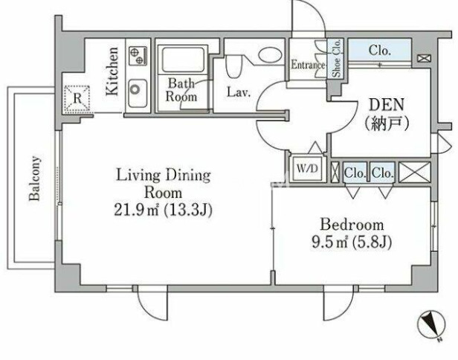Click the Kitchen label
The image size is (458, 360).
tap(113, 71)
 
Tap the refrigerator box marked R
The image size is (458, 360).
tap(77, 99)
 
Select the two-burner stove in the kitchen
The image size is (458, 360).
tap(138, 56)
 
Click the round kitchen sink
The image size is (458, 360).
tap(136, 89)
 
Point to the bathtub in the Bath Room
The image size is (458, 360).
tap(184, 60)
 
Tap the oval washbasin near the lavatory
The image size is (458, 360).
tap(270, 54)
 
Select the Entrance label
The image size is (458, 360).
tap(308, 65)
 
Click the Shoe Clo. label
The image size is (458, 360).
tap(336, 59)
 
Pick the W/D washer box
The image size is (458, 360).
tap(307, 169)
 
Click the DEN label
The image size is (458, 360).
tap(387, 105)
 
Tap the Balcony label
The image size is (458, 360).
tap(35, 179)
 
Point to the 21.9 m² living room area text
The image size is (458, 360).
tap(163, 210)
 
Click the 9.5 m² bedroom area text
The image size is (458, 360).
tap(352, 242)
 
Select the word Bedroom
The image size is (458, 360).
tap(352, 225)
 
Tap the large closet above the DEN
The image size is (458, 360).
tap(380, 51)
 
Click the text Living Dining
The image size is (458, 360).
tap(164, 176)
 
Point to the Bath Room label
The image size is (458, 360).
tap(181, 90)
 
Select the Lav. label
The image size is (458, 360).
tap(239, 92)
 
